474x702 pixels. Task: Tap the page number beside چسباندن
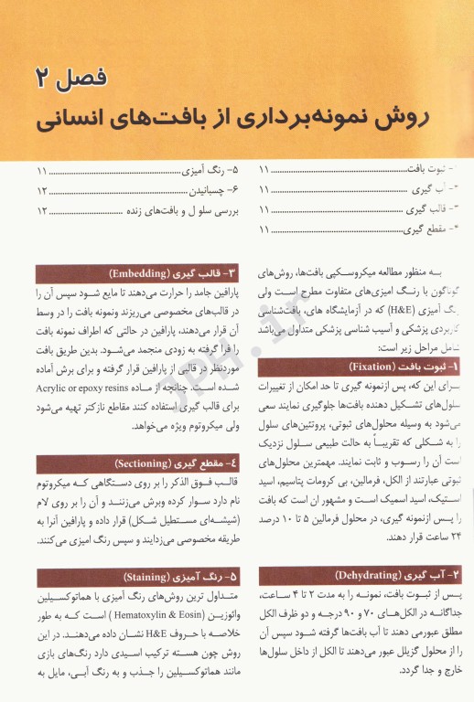(42, 191)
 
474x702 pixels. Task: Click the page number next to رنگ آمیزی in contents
(42, 172)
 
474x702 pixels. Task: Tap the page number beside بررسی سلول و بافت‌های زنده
(42, 210)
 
